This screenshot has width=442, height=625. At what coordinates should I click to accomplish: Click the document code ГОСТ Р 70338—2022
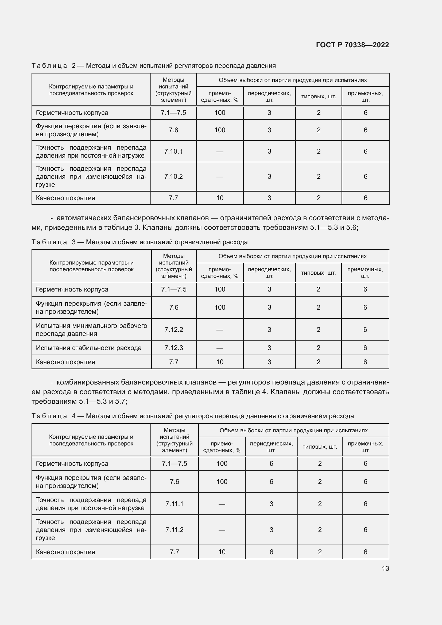tap(352, 45)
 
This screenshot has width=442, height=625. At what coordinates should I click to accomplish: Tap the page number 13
tap(385, 568)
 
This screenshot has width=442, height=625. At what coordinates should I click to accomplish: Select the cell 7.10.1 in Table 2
tap(173, 151)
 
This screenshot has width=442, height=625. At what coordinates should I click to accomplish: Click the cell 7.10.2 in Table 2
tap(173, 177)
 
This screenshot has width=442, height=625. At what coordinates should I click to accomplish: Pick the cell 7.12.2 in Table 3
tap(174, 330)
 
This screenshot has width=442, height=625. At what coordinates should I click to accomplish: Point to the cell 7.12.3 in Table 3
tap(174, 348)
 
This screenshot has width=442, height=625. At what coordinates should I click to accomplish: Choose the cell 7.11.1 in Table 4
tap(175, 504)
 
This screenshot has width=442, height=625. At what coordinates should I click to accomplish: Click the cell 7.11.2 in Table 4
tap(175, 530)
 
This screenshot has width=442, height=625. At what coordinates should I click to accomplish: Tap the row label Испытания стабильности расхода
tap(89, 348)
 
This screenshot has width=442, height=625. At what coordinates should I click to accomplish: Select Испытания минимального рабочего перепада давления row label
tap(91, 330)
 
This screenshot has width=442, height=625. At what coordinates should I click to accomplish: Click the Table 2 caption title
tap(153, 66)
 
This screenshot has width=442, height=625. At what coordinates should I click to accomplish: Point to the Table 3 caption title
tap(139, 242)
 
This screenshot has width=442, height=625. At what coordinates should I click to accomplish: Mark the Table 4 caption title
tap(192, 416)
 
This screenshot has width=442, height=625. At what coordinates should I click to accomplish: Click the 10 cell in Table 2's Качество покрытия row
tap(220, 198)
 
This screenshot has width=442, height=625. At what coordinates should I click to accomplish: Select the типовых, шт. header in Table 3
tap(318, 273)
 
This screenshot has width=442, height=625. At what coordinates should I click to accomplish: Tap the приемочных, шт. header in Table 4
tap(365, 447)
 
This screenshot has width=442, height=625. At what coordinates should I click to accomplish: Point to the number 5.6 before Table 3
tap(351, 228)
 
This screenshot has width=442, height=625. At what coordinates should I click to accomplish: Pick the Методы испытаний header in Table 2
tap(173, 90)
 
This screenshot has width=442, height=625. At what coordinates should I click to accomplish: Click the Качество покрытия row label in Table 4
tap(65, 552)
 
